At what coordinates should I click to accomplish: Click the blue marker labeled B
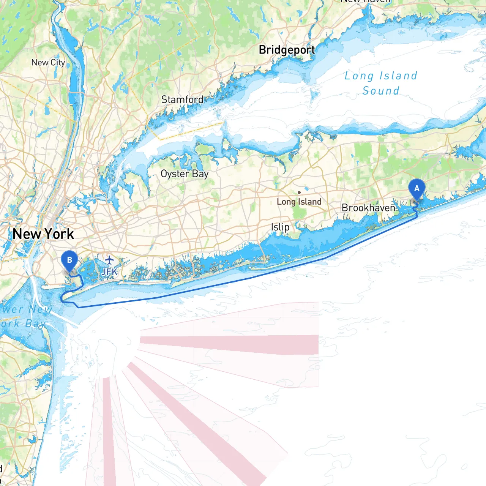(x=69, y=260)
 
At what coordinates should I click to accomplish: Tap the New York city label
(x=43, y=234)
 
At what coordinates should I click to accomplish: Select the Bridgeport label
(x=287, y=50)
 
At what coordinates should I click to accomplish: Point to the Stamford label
(x=182, y=99)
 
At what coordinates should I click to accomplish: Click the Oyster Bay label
(x=185, y=174)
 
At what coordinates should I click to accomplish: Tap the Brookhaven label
(x=368, y=208)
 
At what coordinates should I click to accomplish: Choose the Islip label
(x=280, y=227)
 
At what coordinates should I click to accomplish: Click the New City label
(x=48, y=63)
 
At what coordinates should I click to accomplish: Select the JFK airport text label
(x=109, y=271)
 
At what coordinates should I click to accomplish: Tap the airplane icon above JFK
(x=109, y=260)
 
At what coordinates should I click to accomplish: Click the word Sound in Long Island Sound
(x=381, y=91)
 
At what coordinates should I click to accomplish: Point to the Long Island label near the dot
(x=299, y=202)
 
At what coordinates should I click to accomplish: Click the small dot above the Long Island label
(x=299, y=193)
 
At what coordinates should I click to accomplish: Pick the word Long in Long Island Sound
(x=359, y=76)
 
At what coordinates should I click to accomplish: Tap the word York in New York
(x=59, y=234)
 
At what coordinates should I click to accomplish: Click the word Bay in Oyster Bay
(x=200, y=174)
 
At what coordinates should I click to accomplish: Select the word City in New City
(x=58, y=63)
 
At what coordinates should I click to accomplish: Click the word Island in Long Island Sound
(x=398, y=76)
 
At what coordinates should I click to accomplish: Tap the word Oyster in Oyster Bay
(x=175, y=174)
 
